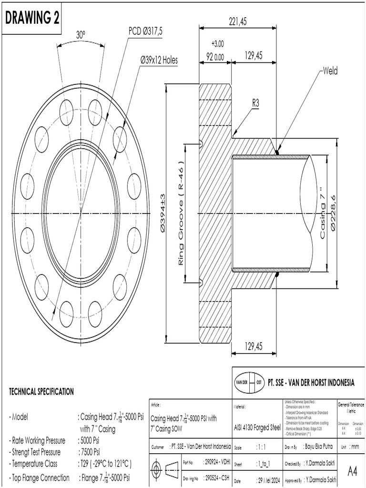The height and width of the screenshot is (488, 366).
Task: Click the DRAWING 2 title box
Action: coord(32,18)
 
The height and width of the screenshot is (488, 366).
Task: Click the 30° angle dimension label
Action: coord(81,35)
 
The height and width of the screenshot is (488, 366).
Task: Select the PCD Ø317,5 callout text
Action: coord(145,31)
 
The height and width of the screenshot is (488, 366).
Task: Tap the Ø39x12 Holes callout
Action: coord(159,60)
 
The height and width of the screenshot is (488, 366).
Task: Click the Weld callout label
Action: coord(330,71)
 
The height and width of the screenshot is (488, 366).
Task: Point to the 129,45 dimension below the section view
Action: coord(253,346)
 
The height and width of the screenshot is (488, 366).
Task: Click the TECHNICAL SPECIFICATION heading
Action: coord(41,392)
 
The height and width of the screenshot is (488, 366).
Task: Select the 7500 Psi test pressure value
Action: coord(89,452)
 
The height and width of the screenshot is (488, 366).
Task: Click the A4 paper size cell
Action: coord(352,471)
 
